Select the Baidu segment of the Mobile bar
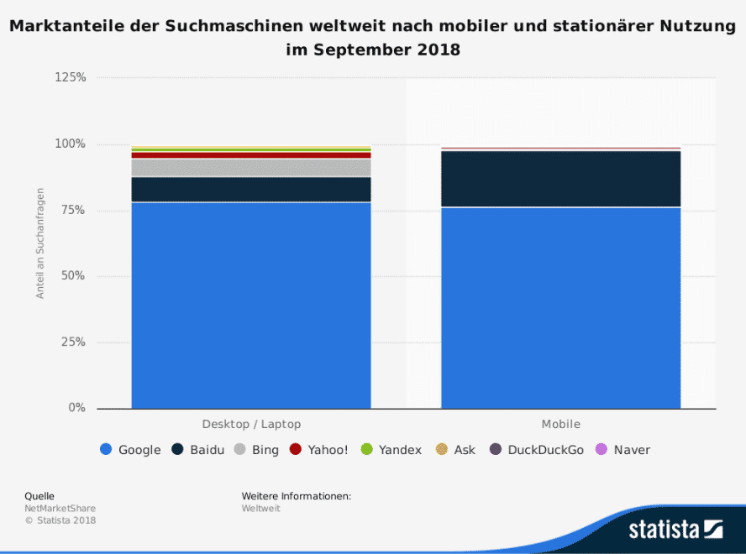coord(560,178)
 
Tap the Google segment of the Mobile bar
coord(560,307)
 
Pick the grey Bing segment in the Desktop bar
coord(251,168)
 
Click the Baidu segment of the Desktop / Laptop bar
coord(251,190)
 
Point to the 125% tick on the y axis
coord(71,77)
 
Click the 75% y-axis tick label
coord(73,210)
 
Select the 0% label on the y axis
coord(76,408)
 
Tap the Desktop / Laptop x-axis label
coord(251,425)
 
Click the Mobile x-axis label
coord(560,425)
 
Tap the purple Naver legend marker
coord(600,450)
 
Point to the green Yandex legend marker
coord(365,450)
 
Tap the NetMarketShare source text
coord(60,509)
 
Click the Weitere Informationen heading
coord(296,496)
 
